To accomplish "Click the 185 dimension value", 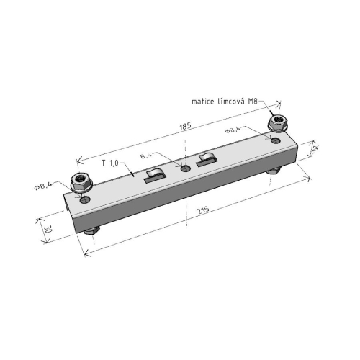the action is coord(185,126).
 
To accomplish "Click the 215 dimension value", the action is coord(203,210).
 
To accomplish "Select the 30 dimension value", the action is coord(48,230).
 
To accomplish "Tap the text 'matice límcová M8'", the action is coord(225,102).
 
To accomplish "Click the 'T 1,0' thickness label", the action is coord(110,163).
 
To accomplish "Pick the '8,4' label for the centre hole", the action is coord(146,156).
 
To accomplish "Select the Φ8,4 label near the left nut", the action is coord(43,186).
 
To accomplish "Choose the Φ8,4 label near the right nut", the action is coord(233,130).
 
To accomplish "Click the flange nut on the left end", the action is coord(81,182).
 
